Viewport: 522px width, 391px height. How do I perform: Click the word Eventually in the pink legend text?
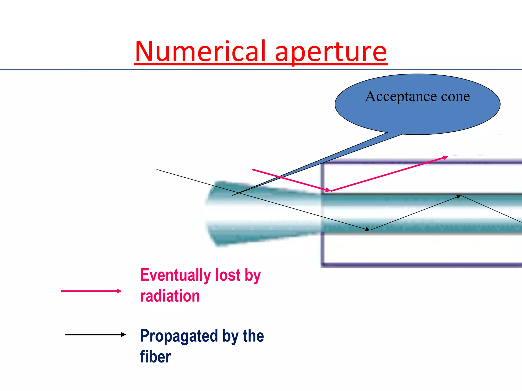(x=176, y=275)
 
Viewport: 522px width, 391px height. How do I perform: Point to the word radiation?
(x=170, y=296)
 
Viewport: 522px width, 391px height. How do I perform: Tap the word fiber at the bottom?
(x=155, y=357)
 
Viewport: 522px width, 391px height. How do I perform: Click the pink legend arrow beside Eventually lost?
(x=91, y=291)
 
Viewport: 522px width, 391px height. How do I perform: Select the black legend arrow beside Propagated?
(x=95, y=334)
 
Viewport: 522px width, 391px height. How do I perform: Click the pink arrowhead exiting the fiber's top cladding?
(x=445, y=158)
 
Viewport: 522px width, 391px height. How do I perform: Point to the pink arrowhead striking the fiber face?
(x=328, y=190)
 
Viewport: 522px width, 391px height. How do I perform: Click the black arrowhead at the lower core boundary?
(x=367, y=229)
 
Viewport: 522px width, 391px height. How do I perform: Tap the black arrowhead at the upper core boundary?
(x=459, y=197)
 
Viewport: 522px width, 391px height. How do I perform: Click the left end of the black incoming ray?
(x=157, y=170)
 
